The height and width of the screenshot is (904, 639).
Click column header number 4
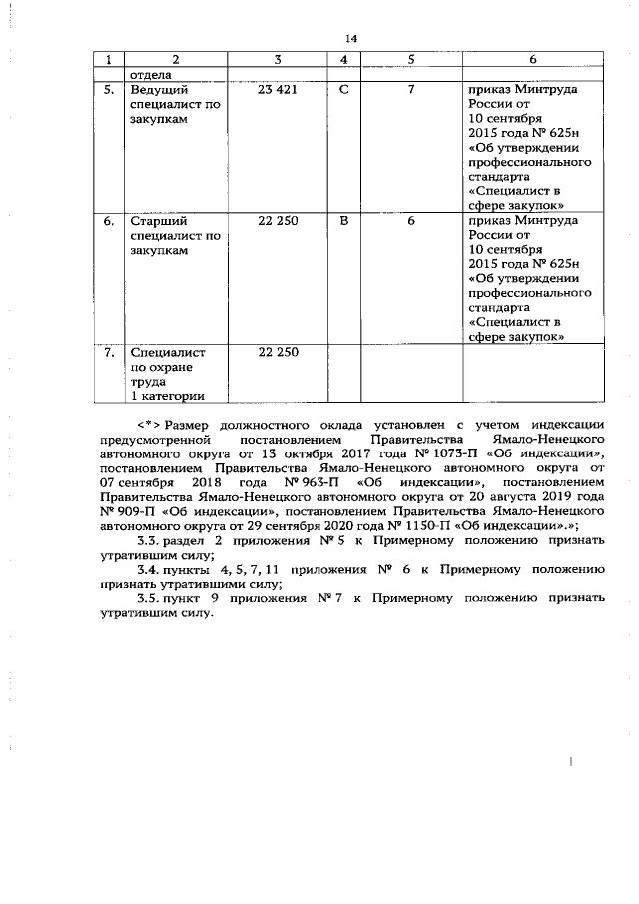tap(343, 60)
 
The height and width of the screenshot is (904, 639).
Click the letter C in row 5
tap(344, 91)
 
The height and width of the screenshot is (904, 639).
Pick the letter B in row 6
tap(344, 219)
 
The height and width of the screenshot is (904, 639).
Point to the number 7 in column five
tap(410, 91)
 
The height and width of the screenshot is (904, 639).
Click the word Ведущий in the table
tap(160, 91)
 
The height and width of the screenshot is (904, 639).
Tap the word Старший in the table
tap(160, 219)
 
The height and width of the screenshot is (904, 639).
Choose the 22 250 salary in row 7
tap(279, 352)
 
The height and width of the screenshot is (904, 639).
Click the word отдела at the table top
tap(151, 74)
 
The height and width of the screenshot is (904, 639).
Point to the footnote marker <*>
tap(150, 423)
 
